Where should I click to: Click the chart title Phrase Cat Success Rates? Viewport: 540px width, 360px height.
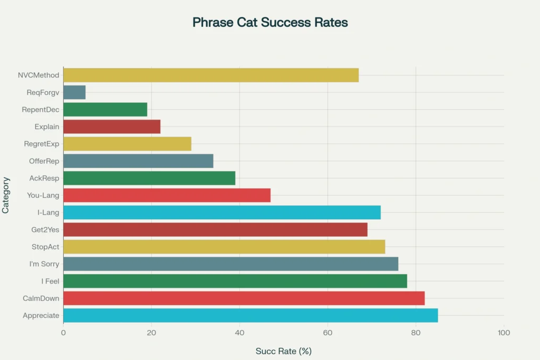point(270,23)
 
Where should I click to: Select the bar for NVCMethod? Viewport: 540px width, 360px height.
point(211,75)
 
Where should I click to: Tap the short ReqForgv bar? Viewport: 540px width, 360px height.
point(74,92)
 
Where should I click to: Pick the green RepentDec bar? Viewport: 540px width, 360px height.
point(105,110)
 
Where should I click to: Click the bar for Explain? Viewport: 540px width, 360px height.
point(112,127)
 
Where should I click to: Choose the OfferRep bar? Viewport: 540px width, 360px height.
point(138,161)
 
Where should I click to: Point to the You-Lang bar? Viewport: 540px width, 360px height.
point(167,196)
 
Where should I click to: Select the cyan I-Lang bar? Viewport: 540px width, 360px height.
point(222,212)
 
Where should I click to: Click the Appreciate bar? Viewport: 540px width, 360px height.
point(250,316)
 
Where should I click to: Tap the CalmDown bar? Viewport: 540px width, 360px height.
point(244,298)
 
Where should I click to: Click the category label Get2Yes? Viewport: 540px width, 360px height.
point(45,230)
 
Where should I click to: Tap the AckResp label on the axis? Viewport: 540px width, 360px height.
point(44,178)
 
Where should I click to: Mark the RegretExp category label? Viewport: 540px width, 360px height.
point(42,144)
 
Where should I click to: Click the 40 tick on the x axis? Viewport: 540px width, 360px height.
point(239,333)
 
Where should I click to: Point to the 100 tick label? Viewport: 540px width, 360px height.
point(504,333)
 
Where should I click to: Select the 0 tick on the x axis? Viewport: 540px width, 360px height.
point(63,333)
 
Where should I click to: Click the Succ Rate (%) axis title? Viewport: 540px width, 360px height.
point(283,351)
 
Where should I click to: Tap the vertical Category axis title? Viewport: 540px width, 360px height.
point(6,196)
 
